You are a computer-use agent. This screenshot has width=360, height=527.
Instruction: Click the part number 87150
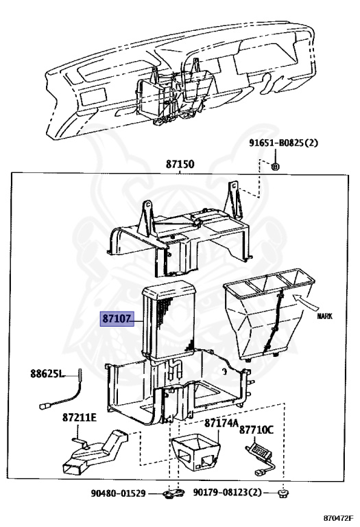[180, 164]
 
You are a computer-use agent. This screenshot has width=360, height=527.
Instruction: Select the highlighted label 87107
[116, 318]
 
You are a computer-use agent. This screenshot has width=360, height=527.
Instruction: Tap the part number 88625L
[47, 373]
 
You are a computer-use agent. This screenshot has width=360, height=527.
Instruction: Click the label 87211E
[80, 417]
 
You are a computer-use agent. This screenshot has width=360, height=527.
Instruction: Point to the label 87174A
[221, 423]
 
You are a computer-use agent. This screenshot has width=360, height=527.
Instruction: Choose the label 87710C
[256, 430]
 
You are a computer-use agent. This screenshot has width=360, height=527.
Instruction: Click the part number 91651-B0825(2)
[283, 143]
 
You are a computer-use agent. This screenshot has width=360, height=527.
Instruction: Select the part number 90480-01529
[118, 493]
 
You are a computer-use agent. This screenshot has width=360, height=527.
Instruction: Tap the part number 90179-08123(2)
[227, 493]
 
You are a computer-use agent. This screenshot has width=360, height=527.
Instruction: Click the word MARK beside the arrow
[324, 316]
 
